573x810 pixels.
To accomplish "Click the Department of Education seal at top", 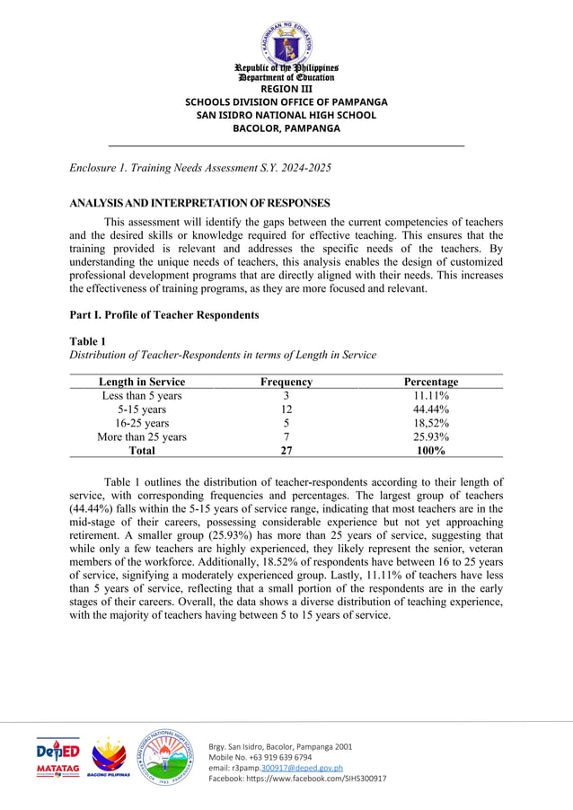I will click(x=286, y=36).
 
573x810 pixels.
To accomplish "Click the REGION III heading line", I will click(x=286, y=89).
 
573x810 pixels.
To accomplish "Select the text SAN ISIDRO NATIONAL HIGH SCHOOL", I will click(x=286, y=115).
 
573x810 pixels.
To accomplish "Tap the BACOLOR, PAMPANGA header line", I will click(x=286, y=128).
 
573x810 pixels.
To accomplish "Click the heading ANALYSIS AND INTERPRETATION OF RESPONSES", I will click(x=199, y=203).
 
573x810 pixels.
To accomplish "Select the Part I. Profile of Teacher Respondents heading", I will click(x=164, y=315).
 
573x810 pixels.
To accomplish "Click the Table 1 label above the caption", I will click(x=87, y=341).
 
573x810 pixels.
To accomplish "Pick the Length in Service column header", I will click(x=142, y=382).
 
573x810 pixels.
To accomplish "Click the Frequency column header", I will click(x=286, y=382).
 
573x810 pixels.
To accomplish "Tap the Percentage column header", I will click(x=431, y=382).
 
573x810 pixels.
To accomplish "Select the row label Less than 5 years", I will click(x=142, y=396).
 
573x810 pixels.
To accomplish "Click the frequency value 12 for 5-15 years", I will click(x=286, y=409).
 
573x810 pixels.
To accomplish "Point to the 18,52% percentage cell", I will click(x=431, y=423).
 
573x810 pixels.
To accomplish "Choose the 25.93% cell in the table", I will click(x=431, y=437).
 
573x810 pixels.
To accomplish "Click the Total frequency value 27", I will click(x=286, y=451).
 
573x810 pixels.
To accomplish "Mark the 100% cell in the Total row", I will click(x=431, y=451).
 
